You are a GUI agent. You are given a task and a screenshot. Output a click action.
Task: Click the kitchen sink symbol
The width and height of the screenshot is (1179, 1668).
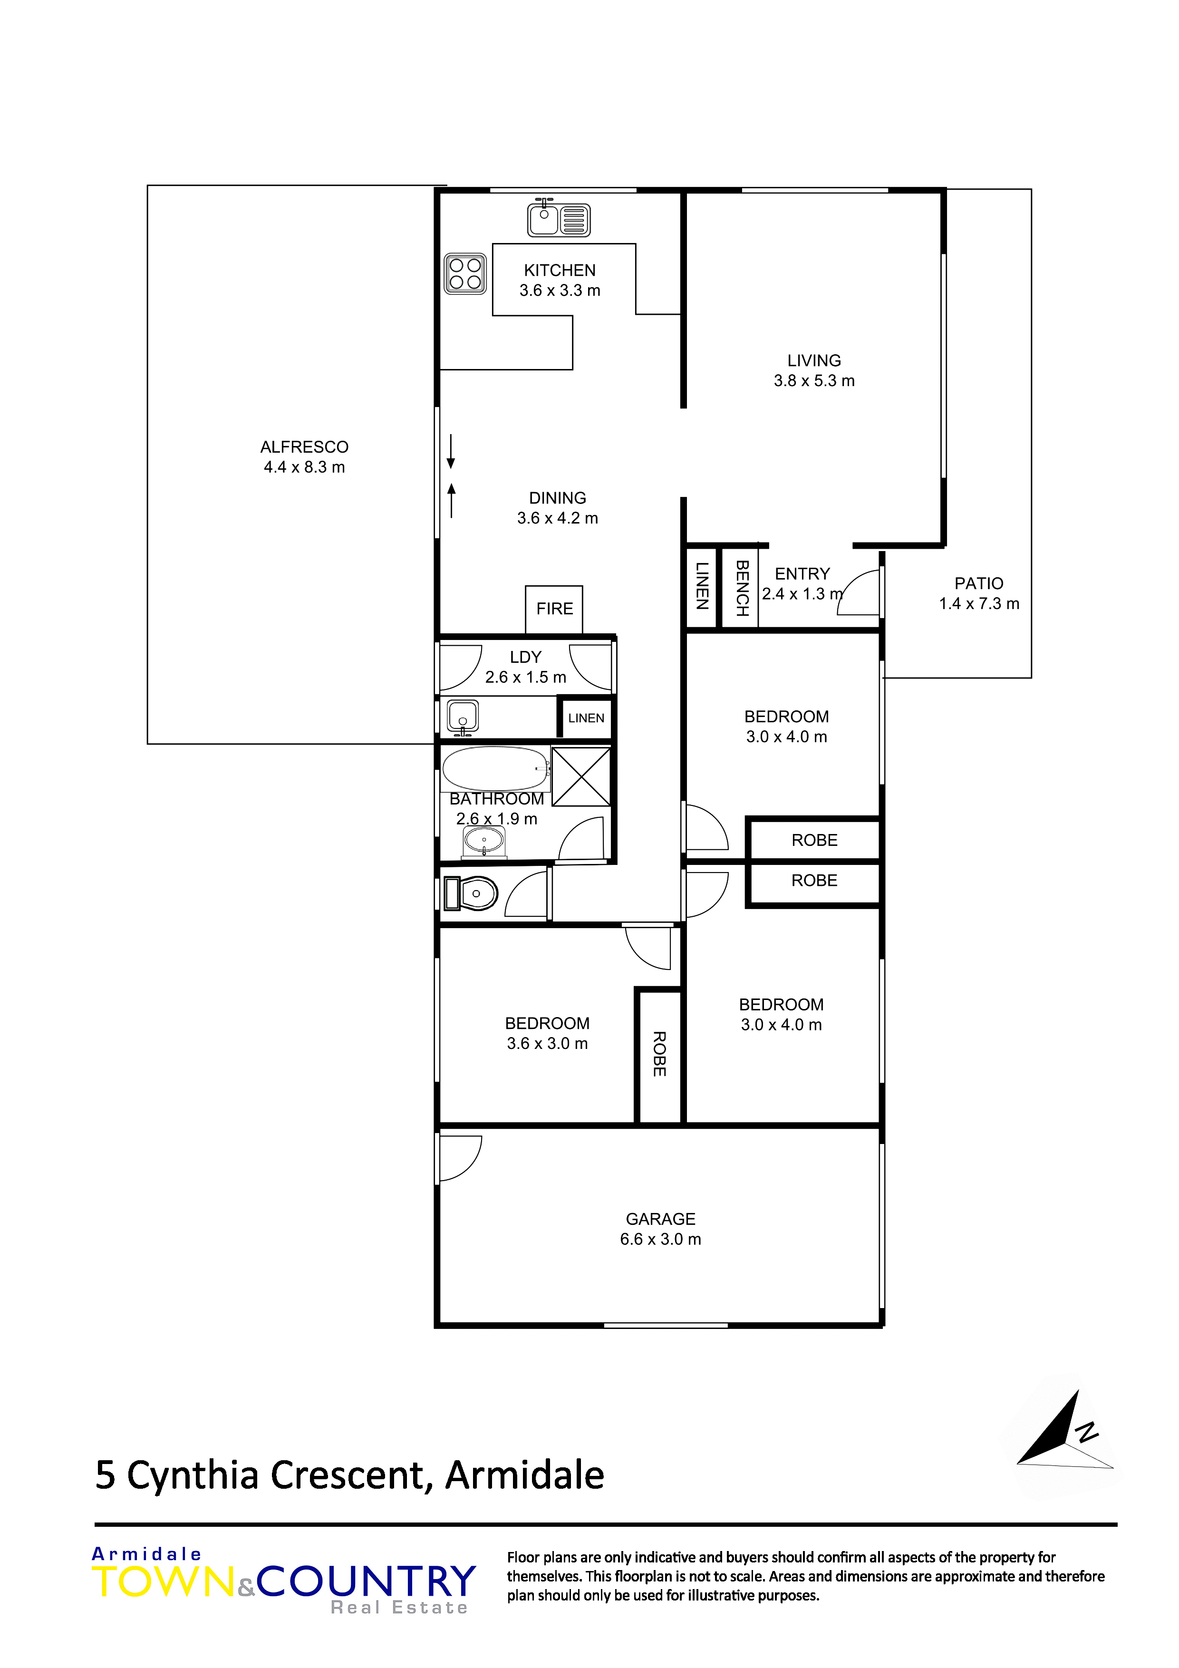point(558,218)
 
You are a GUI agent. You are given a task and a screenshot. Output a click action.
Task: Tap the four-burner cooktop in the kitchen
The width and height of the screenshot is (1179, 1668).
point(465,274)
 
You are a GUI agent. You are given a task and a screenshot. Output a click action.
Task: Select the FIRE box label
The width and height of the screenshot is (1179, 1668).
point(554,609)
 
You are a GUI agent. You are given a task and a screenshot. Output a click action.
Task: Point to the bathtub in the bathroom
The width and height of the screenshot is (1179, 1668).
point(495,768)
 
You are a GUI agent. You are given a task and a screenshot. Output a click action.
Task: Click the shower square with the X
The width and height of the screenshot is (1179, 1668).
point(581,776)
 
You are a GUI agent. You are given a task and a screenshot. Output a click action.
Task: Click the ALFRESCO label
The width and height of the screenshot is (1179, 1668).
point(304,447)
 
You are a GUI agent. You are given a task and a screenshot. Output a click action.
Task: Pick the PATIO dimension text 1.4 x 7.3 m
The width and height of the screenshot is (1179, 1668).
point(978,604)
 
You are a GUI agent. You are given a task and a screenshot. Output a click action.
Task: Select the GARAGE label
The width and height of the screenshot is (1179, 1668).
point(660,1219)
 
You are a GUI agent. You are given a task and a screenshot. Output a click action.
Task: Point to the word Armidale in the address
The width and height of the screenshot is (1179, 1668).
point(524,1475)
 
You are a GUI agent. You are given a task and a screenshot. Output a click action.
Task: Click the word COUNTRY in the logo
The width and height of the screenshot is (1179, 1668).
point(366,1581)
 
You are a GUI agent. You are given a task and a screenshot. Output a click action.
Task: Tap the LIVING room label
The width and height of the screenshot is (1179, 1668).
point(813,360)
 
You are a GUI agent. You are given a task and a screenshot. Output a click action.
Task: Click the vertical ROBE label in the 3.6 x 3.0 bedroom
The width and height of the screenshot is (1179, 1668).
point(659,1054)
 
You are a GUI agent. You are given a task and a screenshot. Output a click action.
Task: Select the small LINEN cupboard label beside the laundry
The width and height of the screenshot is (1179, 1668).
point(586,718)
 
